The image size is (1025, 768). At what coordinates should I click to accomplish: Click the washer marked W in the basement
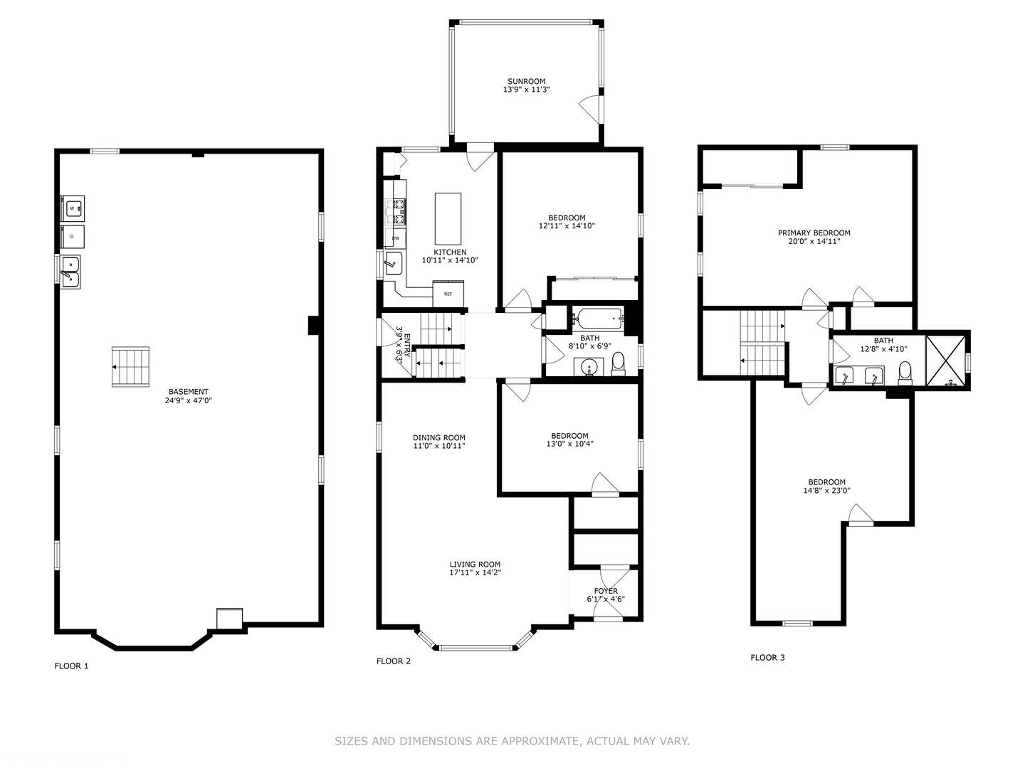pos(73,208)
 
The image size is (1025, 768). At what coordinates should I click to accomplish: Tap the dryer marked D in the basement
pos(73,236)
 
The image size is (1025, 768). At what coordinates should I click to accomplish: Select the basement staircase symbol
pos(130,366)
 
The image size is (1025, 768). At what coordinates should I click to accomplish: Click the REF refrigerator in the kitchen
pos(448,294)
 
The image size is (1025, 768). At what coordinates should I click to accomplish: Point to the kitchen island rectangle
pos(448,219)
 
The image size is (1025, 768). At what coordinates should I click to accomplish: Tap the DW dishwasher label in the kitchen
pos(396,238)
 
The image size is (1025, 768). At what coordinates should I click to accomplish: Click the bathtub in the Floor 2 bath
pos(598,319)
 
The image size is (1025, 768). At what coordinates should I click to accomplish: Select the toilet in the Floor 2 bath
pos(618,363)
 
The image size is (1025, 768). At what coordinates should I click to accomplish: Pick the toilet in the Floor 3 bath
pos(905,373)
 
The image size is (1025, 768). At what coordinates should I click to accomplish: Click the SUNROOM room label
pos(526,81)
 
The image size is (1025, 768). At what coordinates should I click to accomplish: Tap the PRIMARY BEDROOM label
pos(814,233)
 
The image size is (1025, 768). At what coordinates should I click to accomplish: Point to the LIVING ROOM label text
pos(475,564)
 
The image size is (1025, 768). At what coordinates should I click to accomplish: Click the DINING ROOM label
pos(439,437)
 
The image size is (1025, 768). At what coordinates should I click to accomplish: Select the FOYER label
pos(606,591)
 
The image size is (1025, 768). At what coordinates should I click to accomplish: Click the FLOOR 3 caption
pos(768,658)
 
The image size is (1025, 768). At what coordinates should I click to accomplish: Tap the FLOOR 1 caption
pos(71,666)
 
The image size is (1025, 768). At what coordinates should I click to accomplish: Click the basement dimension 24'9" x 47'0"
pos(188,400)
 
